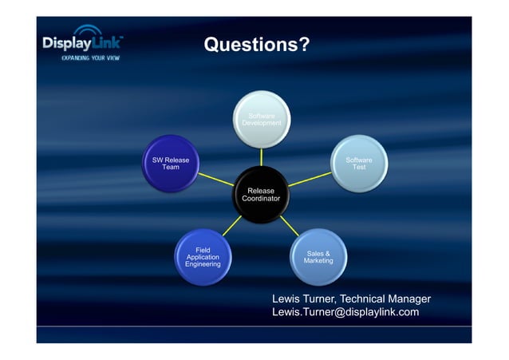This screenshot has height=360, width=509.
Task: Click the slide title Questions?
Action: [x=256, y=45]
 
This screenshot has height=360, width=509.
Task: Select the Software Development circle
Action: [x=262, y=121]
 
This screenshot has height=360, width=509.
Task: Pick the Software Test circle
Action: [x=358, y=164]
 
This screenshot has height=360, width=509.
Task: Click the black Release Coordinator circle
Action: [x=261, y=194]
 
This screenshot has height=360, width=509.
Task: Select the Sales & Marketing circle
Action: [x=318, y=256]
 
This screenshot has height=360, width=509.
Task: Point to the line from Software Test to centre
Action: [x=310, y=180]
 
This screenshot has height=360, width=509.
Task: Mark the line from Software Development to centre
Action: [x=262, y=158]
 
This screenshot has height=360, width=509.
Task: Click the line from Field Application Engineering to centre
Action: [x=232, y=226]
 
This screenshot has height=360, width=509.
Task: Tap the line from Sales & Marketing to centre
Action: [x=290, y=227]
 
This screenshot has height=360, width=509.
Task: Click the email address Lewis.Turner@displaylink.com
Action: [x=345, y=312]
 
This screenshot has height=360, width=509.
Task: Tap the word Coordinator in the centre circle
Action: [x=261, y=199]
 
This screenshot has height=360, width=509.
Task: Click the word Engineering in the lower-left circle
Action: [x=203, y=264]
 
